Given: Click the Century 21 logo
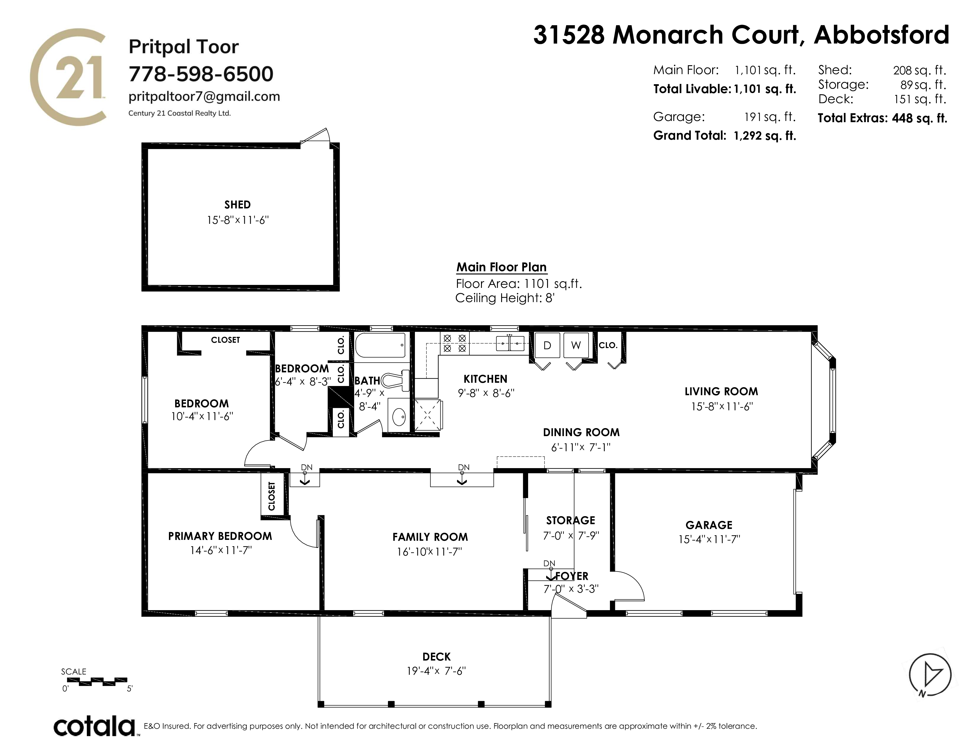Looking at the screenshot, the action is coord(68,77).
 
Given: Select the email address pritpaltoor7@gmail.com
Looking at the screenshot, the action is coord(204,97).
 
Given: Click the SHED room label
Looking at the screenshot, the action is coord(237,205).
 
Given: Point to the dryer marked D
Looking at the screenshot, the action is coord(547,345).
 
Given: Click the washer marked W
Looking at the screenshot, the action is coord(576,345).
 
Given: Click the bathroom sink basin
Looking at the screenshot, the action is coord(399,417).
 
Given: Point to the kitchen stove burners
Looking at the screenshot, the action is coord(455,343).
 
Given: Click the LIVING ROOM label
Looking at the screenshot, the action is coord(721,391).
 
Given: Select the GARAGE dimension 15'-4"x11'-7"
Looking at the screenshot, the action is coord(709,539).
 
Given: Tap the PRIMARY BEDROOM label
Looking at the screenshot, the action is coord(220,536).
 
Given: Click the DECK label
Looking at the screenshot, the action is coord(437,657).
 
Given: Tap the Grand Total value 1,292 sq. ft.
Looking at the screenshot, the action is coord(764,136).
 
